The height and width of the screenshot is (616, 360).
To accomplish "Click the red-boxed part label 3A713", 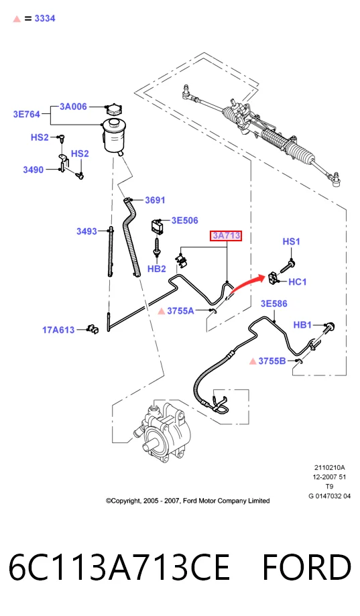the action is (226, 236).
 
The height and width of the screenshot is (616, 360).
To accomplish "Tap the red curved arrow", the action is (245, 284).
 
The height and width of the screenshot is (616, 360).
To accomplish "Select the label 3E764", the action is (27, 115).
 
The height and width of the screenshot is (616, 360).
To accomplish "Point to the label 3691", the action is (156, 200).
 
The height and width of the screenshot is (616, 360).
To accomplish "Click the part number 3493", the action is (86, 231).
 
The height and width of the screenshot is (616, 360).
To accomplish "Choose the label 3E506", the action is (185, 221).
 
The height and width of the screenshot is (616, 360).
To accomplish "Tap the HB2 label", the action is (156, 269).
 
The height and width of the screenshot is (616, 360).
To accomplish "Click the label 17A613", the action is (58, 330).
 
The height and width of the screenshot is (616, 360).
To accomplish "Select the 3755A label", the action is (180, 311).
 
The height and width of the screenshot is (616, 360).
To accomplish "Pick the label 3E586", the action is (274, 304).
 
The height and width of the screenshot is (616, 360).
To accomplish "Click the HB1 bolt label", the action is (302, 325).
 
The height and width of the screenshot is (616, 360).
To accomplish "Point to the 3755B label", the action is (272, 361).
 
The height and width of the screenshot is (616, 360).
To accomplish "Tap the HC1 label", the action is (298, 282).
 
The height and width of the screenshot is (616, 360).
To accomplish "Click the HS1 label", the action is (292, 241).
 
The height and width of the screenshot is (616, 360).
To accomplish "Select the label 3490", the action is (34, 170).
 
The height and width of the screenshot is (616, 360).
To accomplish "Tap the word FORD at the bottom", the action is (306, 567).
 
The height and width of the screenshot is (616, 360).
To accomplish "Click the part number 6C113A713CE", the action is (119, 567).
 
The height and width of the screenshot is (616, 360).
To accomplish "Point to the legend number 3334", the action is (45, 19).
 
